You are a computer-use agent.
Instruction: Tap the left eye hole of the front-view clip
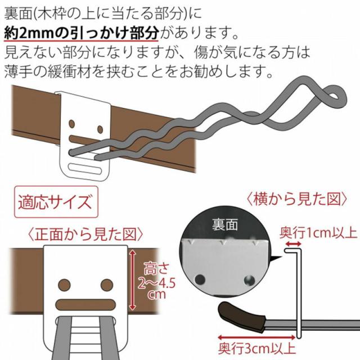click(64, 283)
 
